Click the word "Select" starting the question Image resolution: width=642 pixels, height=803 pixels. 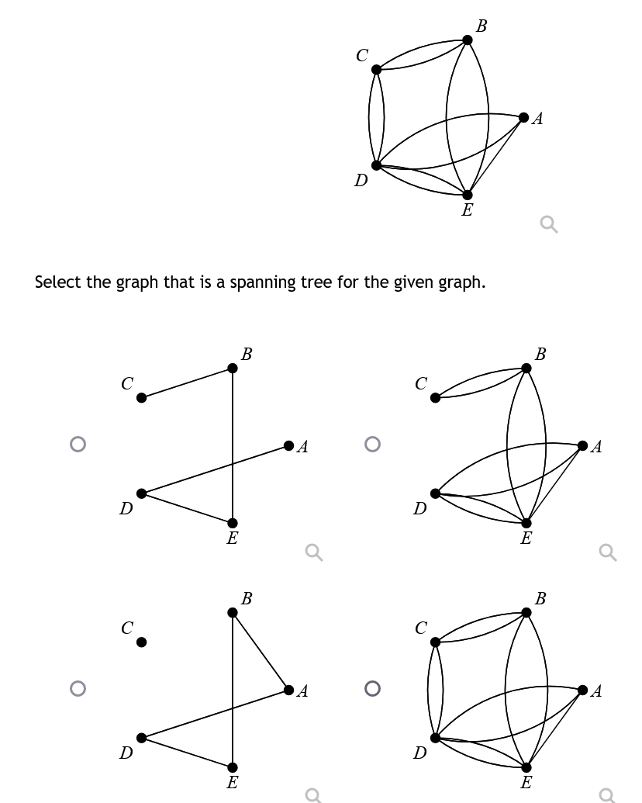[x=58, y=282]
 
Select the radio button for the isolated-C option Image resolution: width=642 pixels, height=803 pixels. [x=76, y=688]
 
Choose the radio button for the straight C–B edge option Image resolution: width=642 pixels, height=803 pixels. [x=76, y=444]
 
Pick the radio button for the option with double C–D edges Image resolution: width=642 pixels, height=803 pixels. [x=372, y=688]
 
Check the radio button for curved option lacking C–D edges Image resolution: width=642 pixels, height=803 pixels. [x=372, y=444]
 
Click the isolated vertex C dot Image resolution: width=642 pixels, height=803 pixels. [x=141, y=642]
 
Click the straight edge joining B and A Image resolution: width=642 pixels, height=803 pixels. [x=261, y=651]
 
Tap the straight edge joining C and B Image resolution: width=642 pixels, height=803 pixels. [x=186, y=383]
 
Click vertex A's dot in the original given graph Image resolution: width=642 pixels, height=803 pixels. [x=524, y=118]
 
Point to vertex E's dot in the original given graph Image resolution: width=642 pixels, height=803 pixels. [x=468, y=195]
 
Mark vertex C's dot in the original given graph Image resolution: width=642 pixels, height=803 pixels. [x=377, y=70]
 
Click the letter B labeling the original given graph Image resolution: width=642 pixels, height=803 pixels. [x=481, y=26]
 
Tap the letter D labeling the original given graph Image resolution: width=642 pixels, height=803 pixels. [x=361, y=181]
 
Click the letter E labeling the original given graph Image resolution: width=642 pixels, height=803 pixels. [x=467, y=210]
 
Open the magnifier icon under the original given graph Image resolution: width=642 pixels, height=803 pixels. [x=548, y=225]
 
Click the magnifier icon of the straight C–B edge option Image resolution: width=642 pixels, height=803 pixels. [x=312, y=552]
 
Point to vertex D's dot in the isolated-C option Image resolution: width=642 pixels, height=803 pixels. [x=141, y=738]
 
